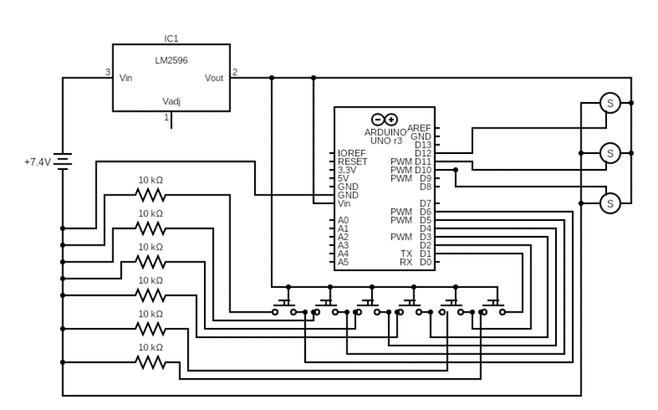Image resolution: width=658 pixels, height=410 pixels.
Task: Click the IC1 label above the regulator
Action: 171,38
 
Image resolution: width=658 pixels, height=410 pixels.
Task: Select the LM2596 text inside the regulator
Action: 171,61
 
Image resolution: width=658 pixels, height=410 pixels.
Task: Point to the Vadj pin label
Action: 171,101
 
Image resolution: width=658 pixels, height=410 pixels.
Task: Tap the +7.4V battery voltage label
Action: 37,162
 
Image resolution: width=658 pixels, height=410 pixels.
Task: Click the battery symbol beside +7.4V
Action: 63,162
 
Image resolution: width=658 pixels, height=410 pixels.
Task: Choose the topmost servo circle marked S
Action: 609,103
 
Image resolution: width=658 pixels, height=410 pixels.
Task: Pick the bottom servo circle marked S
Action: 609,203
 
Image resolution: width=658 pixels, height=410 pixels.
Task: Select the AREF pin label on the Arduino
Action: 419,128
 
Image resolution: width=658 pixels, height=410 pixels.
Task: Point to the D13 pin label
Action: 422,145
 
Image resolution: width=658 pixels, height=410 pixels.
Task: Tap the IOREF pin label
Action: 351,153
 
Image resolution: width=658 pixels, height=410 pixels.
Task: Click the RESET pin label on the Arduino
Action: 352,162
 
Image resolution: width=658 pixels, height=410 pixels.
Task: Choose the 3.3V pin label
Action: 347,170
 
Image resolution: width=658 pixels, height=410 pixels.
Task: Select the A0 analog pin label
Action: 343,220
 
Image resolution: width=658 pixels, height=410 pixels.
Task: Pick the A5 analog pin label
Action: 343,262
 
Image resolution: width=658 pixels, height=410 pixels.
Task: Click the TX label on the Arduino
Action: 406,254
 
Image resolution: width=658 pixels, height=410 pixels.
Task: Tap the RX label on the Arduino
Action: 406,262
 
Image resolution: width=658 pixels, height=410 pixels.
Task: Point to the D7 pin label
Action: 425,203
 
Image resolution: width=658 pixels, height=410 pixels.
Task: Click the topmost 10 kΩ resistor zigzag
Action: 150,195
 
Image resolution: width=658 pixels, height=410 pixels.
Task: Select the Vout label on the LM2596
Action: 213,78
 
